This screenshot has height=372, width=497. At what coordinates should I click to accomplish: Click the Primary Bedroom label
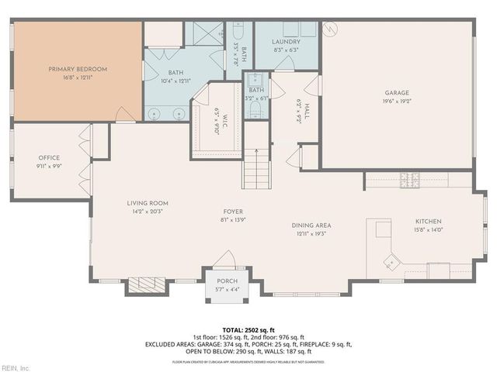click(x=78, y=69)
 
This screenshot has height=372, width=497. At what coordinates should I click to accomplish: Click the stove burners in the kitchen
click(x=408, y=181)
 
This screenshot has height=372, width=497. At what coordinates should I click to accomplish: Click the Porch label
click(x=227, y=281)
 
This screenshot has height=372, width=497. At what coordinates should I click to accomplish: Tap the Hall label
click(x=298, y=113)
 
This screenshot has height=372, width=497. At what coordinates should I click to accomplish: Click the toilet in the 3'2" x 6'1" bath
click(x=255, y=111)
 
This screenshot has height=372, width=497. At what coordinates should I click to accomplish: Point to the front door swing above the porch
click(x=224, y=259)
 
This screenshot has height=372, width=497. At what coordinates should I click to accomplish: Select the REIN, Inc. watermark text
click(x=15, y=367)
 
